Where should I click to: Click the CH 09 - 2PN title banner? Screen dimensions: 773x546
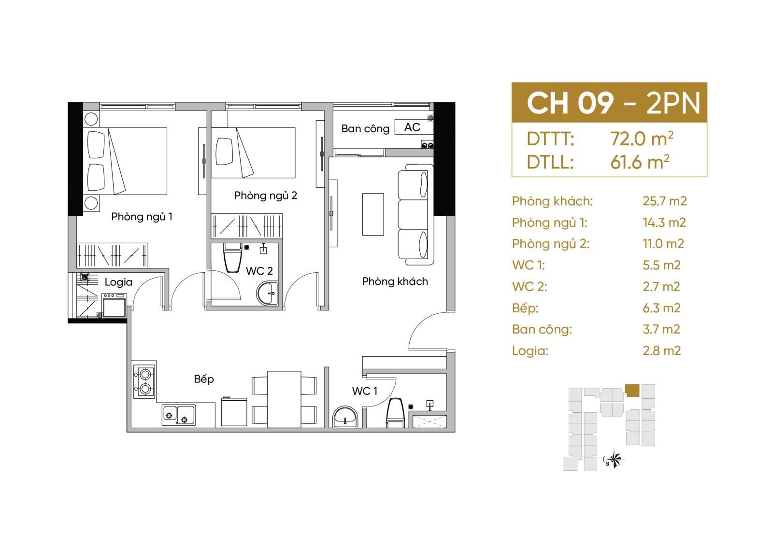[x=609, y=102]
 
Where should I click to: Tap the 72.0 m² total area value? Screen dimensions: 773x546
[x=642, y=139]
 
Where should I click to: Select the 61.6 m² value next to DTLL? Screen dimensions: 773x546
[x=640, y=162]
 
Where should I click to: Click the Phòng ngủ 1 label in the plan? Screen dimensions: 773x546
[x=142, y=217]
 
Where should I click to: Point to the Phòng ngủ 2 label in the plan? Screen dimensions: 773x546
[x=265, y=196]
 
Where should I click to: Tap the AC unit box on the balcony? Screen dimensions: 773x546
[x=413, y=127]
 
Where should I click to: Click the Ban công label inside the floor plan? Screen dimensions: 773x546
[x=365, y=128]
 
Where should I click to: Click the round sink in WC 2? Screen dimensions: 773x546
[x=267, y=293]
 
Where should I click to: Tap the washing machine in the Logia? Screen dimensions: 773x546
[x=114, y=306]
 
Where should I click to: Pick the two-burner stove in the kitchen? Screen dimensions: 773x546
[x=144, y=379]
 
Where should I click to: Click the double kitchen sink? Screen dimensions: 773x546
[x=179, y=415]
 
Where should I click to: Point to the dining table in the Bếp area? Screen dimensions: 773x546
[x=284, y=399]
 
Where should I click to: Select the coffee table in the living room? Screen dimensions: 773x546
[x=373, y=214]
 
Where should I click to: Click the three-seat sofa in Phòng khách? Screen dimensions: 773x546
[x=415, y=214]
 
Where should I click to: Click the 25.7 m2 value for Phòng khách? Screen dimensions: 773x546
[x=665, y=201]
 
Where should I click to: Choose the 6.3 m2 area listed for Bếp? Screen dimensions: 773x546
[x=661, y=308]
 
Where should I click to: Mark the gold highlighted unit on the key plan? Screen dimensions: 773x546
[x=632, y=391]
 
